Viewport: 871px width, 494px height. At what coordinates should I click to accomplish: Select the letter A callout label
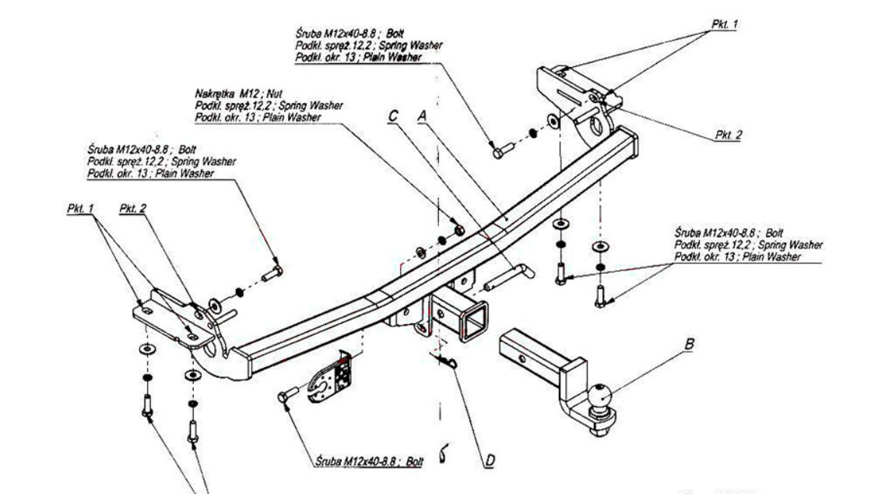[423, 115]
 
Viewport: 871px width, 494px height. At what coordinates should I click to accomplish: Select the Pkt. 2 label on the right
[729, 134]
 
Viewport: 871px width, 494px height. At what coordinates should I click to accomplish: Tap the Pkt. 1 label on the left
[76, 209]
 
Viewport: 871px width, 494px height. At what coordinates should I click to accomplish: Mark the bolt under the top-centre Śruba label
[499, 151]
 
